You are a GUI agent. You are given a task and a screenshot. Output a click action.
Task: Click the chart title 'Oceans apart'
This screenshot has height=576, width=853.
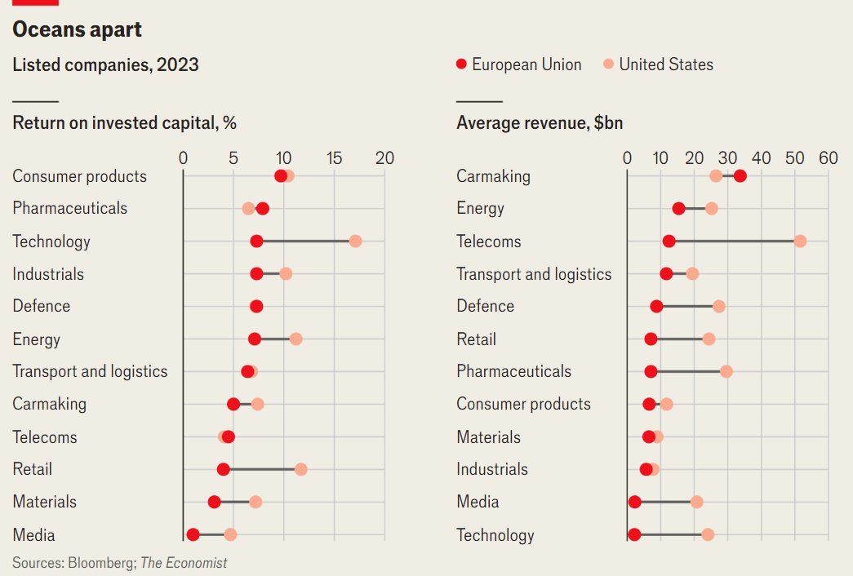tap(77, 30)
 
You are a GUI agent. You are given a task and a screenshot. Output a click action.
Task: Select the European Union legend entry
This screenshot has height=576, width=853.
tap(519, 64)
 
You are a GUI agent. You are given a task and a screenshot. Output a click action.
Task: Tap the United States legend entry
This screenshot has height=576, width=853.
tap(658, 64)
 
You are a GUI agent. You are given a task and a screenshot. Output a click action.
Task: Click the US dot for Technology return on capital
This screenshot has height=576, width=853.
tap(355, 241)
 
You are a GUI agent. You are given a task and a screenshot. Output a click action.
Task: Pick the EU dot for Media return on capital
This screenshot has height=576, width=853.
tap(193, 534)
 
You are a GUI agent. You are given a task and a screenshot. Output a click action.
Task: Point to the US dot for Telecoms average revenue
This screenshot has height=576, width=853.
tap(800, 241)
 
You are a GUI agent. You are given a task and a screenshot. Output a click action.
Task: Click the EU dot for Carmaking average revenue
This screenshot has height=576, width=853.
tap(740, 176)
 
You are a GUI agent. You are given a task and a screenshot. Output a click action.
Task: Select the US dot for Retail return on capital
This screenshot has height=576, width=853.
tap(300, 469)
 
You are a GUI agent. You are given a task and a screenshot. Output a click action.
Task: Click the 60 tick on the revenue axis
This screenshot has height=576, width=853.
tap(828, 158)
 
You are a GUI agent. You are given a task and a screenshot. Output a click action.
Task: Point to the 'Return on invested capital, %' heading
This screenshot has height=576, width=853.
tap(124, 123)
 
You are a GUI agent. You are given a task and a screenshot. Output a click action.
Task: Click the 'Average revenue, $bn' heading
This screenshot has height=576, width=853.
tap(540, 123)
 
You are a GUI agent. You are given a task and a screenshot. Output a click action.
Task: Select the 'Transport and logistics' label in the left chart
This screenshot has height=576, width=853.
tap(90, 371)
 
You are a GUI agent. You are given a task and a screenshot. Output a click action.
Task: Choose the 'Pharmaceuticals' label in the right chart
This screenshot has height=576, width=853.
tap(513, 371)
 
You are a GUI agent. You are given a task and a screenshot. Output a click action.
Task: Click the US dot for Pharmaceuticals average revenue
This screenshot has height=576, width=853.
tap(726, 371)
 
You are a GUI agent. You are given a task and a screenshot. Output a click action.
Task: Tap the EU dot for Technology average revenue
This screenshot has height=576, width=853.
tap(634, 534)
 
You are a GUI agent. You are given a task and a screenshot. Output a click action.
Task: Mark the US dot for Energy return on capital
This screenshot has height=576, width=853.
tap(295, 339)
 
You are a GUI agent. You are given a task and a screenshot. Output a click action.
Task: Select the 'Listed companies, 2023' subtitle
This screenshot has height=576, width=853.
tap(105, 65)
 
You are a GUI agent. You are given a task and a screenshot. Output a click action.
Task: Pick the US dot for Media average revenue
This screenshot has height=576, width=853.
tap(696, 502)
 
